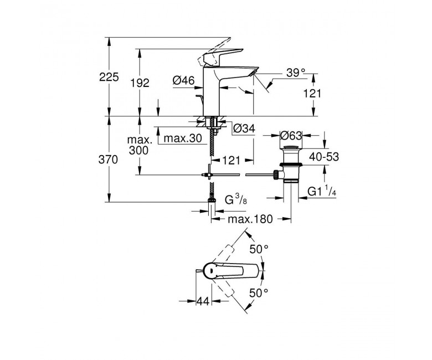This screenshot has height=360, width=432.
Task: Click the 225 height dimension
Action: (109, 77)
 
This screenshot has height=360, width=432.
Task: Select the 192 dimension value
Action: (140, 83)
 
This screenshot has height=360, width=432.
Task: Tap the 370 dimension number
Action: (108, 160)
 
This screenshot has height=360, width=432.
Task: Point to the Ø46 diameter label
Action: (183, 81)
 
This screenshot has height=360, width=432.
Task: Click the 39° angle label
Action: (296, 73)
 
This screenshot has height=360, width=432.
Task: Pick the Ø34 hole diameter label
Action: (244, 128)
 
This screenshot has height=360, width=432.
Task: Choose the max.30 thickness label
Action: (183, 138)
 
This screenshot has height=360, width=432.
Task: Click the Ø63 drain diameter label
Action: (291, 136)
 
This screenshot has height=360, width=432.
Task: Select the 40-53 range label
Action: (324, 157)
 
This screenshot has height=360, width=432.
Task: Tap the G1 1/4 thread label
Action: (322, 191)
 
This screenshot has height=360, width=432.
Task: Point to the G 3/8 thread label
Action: (236, 200)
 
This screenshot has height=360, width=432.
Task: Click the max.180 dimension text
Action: (250, 219)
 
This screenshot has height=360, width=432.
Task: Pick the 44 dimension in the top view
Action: (203, 301)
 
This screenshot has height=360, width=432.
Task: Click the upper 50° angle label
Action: (259, 249)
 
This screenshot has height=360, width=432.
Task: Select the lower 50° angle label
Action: (259, 293)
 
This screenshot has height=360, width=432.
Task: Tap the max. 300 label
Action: (140, 146)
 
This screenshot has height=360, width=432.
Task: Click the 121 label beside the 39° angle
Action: (312, 94)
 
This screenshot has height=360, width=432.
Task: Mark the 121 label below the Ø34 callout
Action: (231, 160)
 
